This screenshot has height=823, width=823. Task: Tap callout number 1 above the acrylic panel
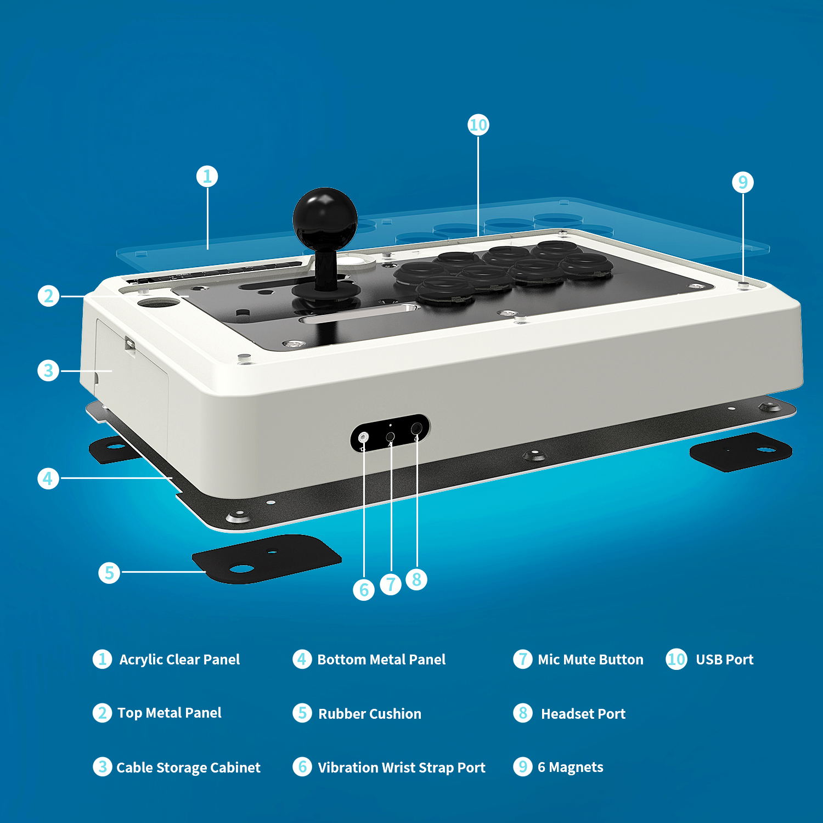click(x=207, y=177)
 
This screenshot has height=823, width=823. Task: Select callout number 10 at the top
click(x=478, y=125)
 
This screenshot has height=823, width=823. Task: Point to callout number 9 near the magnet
click(x=743, y=182)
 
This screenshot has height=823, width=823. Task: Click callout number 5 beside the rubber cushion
click(x=109, y=572)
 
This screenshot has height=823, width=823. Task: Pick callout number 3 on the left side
click(x=48, y=370)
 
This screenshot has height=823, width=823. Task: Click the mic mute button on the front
click(x=391, y=437)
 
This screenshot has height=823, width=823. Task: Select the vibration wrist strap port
click(x=363, y=437)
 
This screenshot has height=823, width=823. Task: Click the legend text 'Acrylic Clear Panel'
click(x=179, y=659)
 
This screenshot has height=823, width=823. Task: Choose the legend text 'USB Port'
click(x=724, y=659)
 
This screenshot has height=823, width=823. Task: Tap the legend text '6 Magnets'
click(x=570, y=767)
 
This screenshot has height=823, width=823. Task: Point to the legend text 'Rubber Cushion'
click(x=370, y=714)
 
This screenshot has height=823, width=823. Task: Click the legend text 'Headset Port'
click(x=583, y=714)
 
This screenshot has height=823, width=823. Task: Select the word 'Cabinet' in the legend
click(x=235, y=768)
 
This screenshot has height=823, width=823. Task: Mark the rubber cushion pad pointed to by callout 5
click(x=267, y=559)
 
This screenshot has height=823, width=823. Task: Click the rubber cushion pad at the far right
click(x=741, y=452)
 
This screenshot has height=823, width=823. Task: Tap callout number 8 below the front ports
click(x=416, y=579)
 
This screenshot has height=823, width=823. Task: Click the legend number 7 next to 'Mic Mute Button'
click(x=522, y=658)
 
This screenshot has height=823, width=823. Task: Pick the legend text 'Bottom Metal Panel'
click(x=381, y=659)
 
